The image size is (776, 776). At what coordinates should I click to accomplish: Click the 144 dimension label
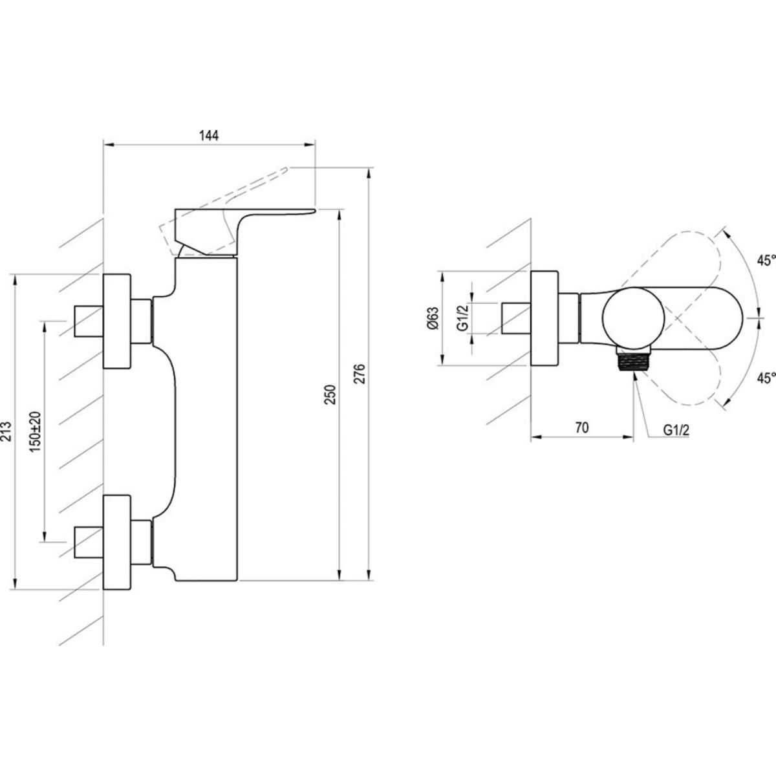210,135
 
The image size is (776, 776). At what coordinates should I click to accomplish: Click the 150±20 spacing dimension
35,430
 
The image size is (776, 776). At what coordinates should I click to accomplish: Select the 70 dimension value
581,426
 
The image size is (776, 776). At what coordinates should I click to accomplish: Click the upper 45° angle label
766,261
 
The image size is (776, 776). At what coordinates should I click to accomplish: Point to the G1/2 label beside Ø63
462,318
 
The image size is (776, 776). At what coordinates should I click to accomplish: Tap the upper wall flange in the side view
118,321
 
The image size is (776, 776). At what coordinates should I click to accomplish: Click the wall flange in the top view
544,319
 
